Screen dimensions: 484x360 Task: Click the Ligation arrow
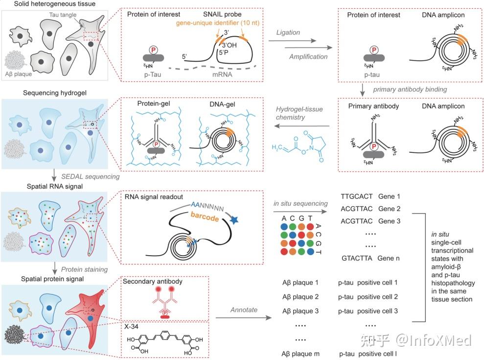(x=292, y=41)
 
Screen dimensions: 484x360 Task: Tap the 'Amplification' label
(x=308, y=56)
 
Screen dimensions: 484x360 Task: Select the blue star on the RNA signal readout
(x=234, y=220)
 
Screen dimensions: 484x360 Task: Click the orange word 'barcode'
(x=205, y=216)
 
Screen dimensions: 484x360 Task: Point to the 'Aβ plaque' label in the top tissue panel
(x=19, y=74)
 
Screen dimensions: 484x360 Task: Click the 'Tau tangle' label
(x=63, y=15)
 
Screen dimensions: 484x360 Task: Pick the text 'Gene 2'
(x=389, y=209)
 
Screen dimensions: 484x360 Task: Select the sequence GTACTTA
(x=357, y=258)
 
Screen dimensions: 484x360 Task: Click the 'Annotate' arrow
(x=244, y=317)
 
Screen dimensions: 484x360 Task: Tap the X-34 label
(x=131, y=327)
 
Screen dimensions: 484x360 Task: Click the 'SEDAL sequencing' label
(x=90, y=176)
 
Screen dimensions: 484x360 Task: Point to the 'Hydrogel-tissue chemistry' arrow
(x=302, y=126)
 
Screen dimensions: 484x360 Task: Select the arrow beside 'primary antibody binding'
(x=363, y=90)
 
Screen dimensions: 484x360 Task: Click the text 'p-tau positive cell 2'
(x=368, y=297)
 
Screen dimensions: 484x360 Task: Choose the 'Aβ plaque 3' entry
(x=300, y=311)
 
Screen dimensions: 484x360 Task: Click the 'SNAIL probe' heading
(x=222, y=14)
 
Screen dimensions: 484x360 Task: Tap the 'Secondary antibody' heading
(x=153, y=281)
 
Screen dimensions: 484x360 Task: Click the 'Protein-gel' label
(x=153, y=103)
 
